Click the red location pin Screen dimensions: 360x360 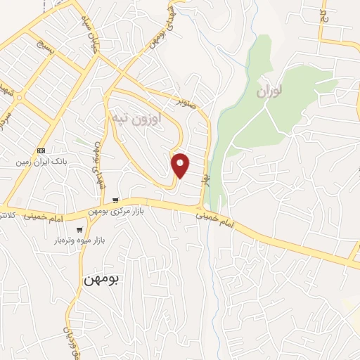pyautogui.click(x=181, y=165)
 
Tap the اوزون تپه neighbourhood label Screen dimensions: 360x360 pyautogui.click(x=138, y=117)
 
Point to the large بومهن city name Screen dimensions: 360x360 pyautogui.click(x=102, y=279)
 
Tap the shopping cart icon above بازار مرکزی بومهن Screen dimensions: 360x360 pyautogui.click(x=115, y=200)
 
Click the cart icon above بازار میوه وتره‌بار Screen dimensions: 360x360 pyautogui.click(x=80, y=229)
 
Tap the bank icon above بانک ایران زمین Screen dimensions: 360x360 pyautogui.click(x=41, y=150)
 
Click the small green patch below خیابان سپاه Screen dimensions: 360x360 pyautogui.click(x=85, y=141)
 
